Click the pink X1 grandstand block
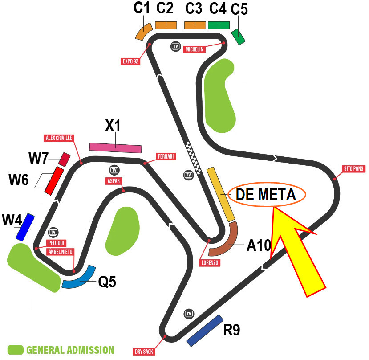116,148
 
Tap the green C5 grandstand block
239,37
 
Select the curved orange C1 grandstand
144,31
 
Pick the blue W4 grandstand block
25,227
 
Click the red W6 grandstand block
54,181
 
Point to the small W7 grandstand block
65,160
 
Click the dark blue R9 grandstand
205,331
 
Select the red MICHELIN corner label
195,49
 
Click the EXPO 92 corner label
130,61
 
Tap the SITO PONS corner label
353,169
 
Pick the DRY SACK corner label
144,352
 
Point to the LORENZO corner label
210,263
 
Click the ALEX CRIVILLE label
59,138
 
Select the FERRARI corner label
166,156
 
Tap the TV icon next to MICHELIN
175,46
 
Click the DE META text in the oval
266,195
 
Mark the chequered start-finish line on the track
194,158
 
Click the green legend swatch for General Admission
16,350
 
